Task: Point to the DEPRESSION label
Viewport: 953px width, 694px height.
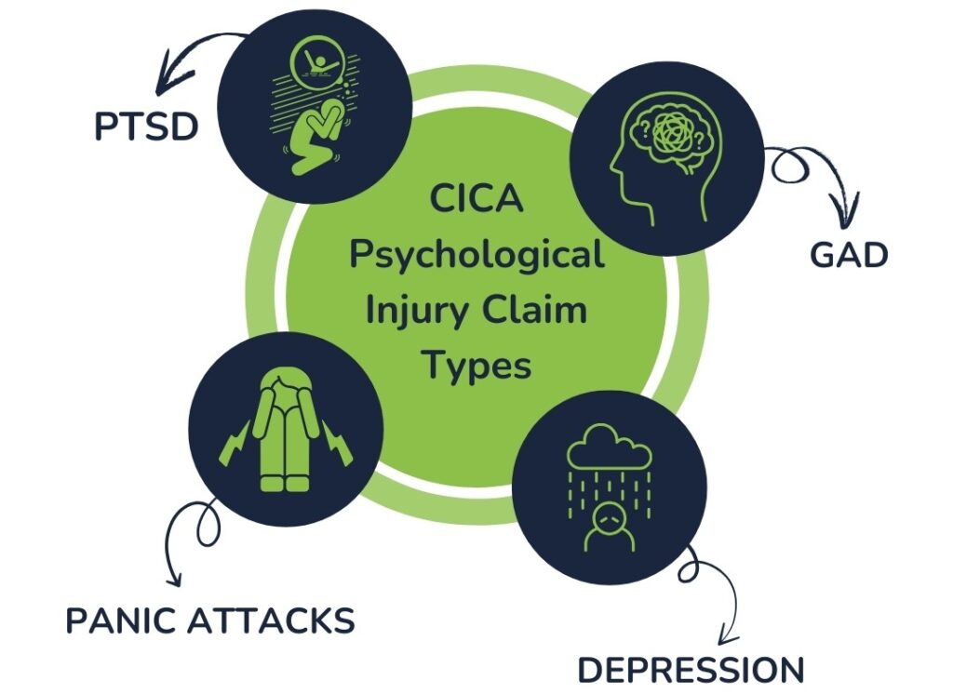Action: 690,669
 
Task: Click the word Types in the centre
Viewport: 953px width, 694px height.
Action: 476,365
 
